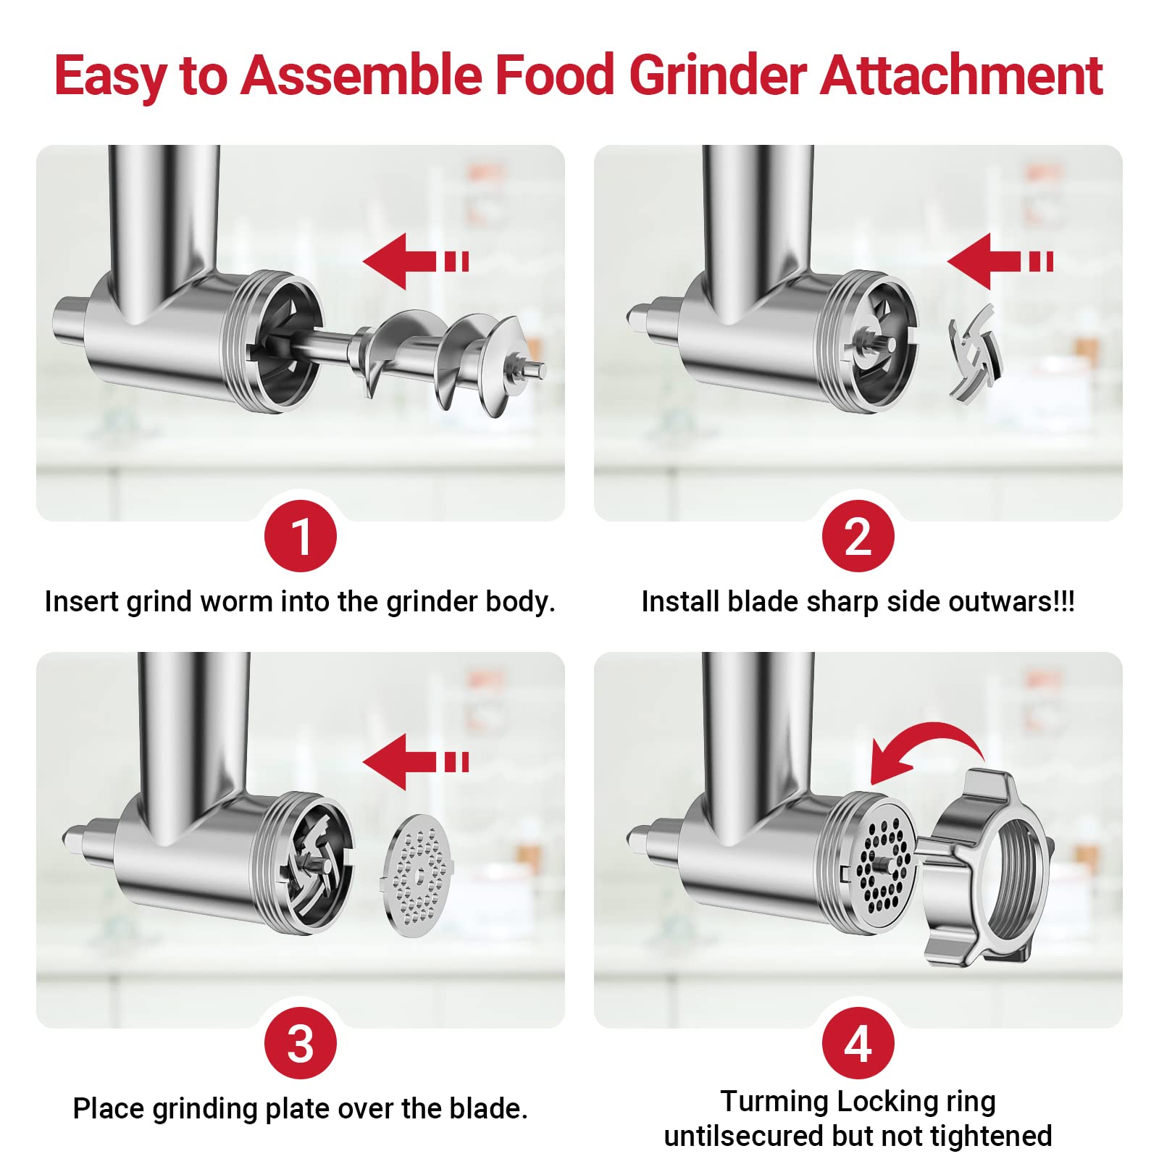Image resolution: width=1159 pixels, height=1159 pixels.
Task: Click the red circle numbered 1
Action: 301,536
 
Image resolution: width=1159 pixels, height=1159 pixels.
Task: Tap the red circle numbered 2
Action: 858,536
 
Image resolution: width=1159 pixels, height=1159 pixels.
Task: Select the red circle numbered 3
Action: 301,1043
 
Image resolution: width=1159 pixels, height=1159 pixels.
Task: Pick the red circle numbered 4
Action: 858,1043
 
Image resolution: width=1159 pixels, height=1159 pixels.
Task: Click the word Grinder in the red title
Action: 717,75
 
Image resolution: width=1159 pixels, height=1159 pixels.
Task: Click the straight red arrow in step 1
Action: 414,261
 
